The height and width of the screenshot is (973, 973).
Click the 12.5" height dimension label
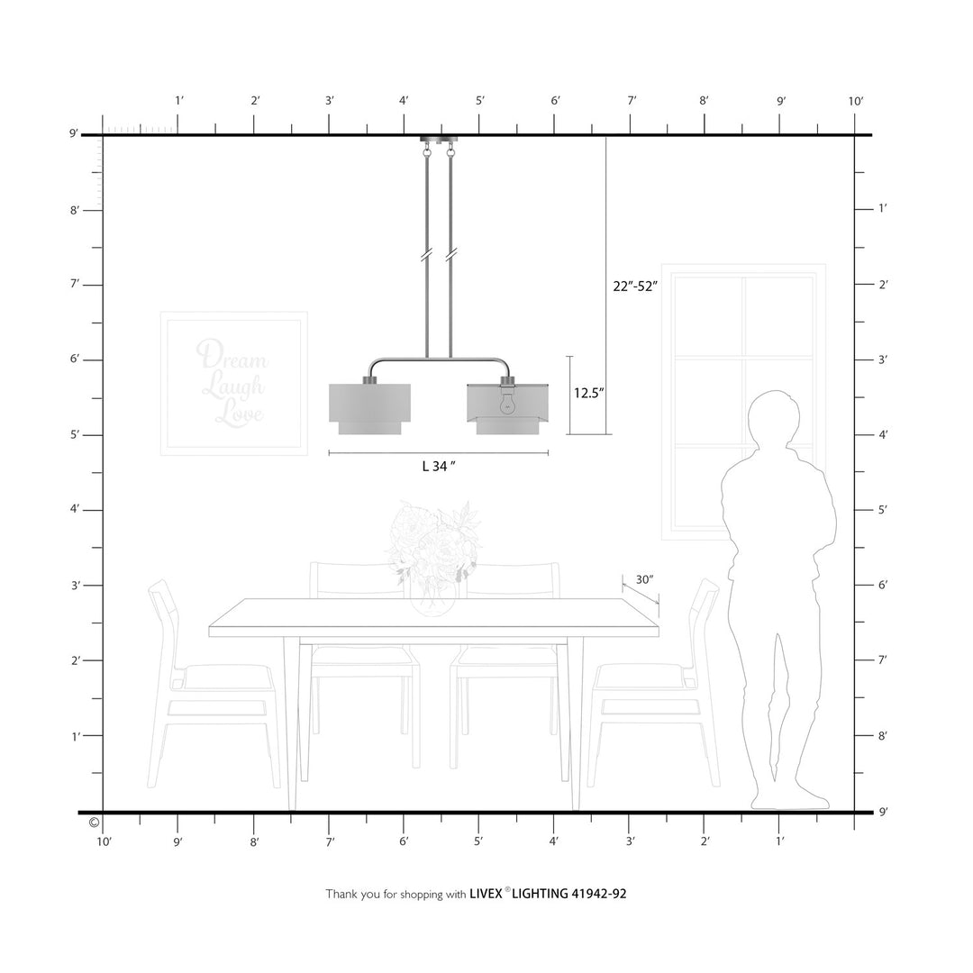point(588,393)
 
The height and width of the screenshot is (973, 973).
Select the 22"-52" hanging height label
point(635,286)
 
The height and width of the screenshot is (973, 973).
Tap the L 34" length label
point(439,466)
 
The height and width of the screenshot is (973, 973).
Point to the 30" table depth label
point(645,579)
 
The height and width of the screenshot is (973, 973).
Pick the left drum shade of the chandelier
point(369,409)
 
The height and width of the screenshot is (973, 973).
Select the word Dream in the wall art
point(232,356)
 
